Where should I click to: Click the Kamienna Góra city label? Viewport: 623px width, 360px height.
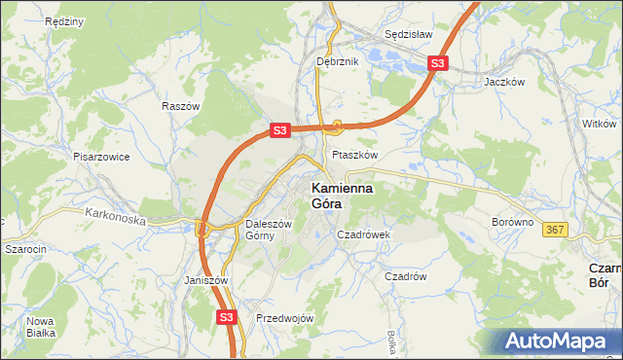tap(346, 196)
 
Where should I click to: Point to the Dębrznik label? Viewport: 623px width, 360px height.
tap(338, 61)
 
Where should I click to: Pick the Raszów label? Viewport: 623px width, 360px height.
tap(181, 106)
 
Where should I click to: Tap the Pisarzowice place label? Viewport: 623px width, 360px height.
tap(101, 156)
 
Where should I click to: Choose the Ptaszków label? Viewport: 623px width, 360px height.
tap(354, 154)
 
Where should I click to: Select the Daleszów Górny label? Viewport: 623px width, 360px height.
tap(268, 229)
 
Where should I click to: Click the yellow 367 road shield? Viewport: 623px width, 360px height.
tap(555, 230)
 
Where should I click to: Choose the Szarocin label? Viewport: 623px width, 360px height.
tap(25, 249)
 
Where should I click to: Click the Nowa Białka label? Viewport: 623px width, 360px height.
tap(41, 327)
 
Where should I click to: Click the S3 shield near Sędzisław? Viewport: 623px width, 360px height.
tap(438, 64)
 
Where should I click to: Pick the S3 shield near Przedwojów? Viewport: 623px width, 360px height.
tap(226, 317)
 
